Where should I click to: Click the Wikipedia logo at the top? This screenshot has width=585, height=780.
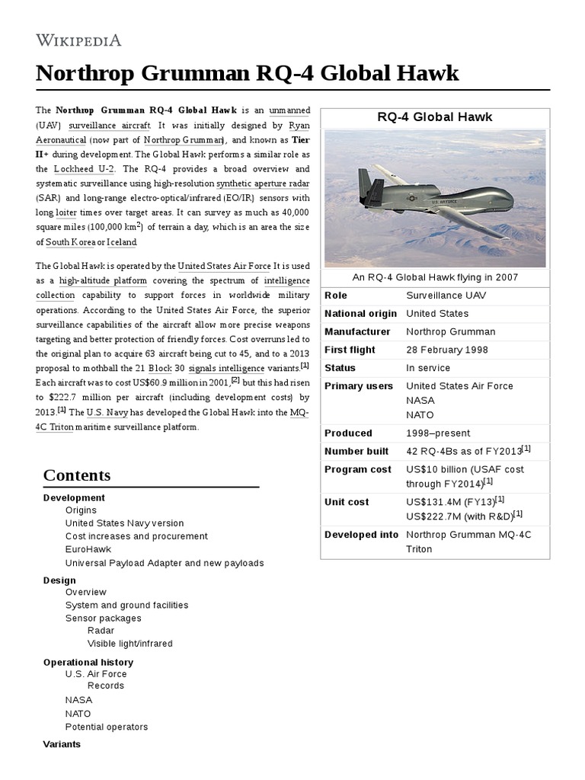78,40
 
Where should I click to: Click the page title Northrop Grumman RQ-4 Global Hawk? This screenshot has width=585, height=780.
248,74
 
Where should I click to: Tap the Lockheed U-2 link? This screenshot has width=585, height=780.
82,168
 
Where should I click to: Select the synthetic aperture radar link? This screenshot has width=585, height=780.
263,183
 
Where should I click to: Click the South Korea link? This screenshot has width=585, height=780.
71,242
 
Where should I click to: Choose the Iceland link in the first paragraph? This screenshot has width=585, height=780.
122,242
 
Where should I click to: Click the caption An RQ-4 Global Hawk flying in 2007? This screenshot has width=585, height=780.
435,277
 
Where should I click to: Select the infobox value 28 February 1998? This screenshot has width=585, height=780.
447,350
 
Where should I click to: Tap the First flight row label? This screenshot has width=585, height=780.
350,350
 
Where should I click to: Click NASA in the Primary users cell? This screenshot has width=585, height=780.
420,400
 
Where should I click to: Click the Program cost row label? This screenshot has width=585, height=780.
357,469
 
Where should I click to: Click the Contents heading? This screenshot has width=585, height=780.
77,475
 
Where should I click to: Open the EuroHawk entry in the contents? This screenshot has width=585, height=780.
88,549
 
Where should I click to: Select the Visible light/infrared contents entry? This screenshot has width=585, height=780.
129,644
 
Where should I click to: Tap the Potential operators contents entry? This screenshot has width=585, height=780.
107,727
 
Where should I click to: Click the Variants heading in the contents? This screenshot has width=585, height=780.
62,743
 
